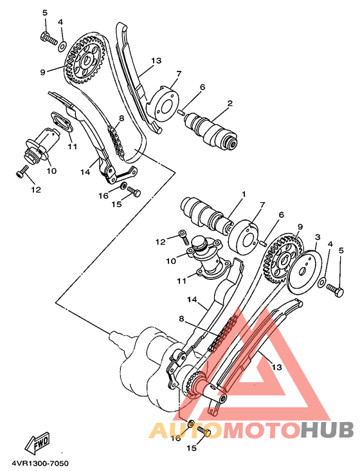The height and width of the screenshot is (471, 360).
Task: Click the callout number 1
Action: coord(244,194)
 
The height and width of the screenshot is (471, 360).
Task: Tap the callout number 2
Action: coord(230,102)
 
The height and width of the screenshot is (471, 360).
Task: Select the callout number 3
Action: coord(317,237)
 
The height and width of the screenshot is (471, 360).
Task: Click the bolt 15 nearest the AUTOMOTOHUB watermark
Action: coord(204,432)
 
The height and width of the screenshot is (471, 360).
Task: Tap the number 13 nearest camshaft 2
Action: coord(156,61)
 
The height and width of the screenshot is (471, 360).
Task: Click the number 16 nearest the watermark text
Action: coord(175,438)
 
